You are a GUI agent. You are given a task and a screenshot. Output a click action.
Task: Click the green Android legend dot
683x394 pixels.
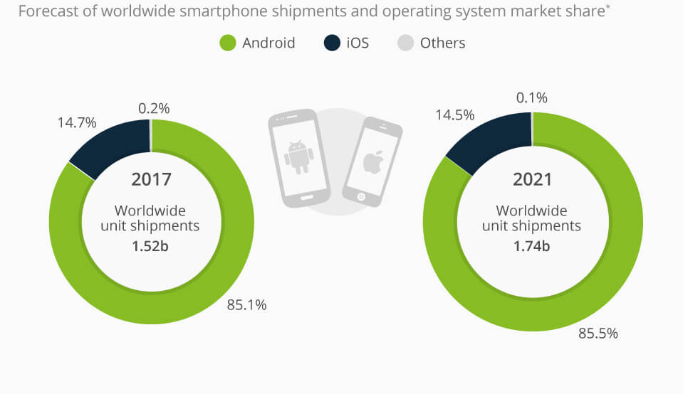pos(226,43)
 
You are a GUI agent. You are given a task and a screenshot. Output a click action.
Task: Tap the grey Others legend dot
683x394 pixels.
pos(405,43)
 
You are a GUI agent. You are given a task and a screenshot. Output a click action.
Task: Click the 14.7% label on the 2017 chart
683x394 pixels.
pos(76,122)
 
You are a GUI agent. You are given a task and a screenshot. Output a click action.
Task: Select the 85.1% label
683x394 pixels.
pos(246,305)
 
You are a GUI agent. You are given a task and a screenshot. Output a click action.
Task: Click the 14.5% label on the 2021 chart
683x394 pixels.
pos(455,115)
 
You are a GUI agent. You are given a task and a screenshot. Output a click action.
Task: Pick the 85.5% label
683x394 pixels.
pos(598,333)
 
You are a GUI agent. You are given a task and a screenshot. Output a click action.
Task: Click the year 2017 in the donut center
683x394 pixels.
pos(151,179)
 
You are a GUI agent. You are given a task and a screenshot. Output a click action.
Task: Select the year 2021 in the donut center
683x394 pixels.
pos(532,179)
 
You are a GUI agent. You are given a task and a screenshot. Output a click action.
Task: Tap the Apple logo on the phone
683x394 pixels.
pos(372,162)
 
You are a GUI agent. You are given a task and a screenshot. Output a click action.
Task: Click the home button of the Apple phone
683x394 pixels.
pos(360,196)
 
